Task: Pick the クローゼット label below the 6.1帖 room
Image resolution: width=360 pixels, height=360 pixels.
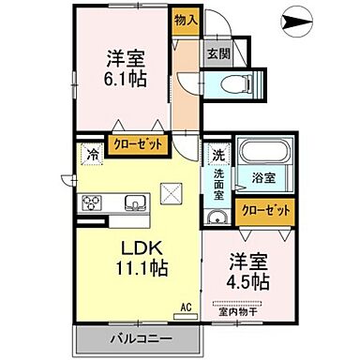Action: [x=137, y=144]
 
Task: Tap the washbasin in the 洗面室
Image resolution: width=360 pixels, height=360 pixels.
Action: [x=216, y=217]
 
